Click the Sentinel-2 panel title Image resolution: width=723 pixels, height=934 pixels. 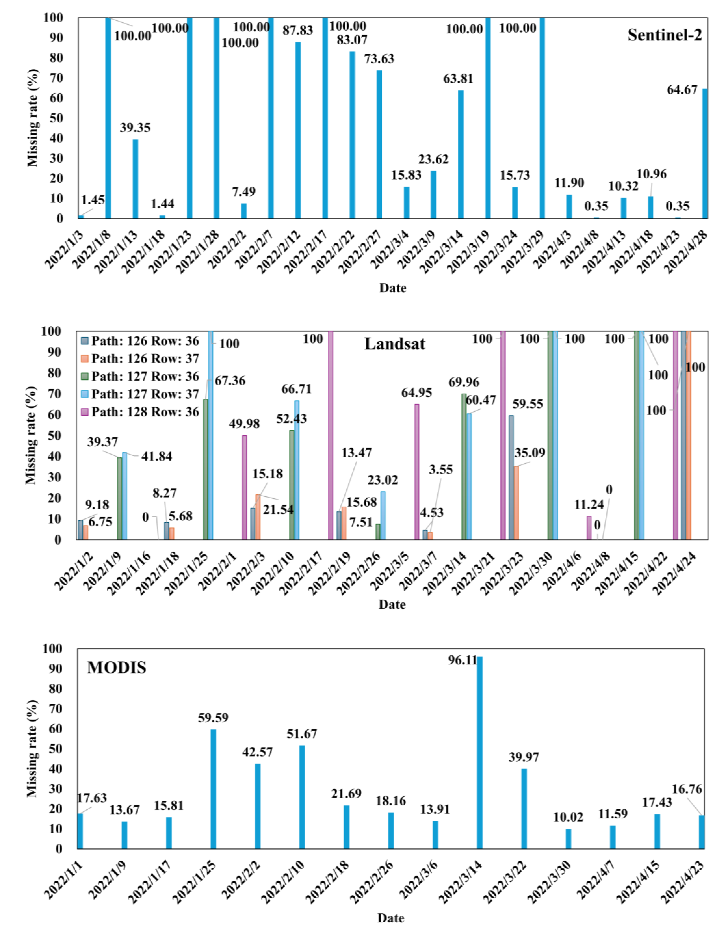[664, 35]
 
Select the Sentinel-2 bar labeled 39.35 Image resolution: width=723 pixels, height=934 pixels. [135, 179]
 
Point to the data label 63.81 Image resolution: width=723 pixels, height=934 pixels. [458, 79]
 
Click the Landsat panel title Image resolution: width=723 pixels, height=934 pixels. [395, 344]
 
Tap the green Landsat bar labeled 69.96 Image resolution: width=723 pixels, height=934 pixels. [464, 466]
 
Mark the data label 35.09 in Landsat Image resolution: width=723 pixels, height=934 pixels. [530, 452]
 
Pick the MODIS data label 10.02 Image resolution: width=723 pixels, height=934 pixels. [568, 817]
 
